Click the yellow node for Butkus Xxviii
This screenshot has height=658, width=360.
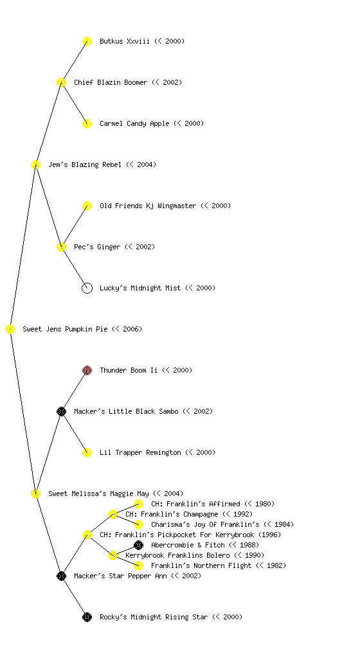point(87,41)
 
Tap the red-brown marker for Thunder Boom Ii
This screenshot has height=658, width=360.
point(87,370)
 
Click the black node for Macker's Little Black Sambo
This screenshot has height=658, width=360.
point(61,411)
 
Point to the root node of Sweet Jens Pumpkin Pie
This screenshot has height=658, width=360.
point(10,329)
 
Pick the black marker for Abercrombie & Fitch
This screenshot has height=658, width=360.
point(138,545)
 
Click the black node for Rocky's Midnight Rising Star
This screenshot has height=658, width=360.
point(87,617)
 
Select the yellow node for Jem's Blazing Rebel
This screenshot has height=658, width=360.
point(35,164)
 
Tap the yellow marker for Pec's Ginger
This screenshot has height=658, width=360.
point(61,247)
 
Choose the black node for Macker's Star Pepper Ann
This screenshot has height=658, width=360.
point(61,576)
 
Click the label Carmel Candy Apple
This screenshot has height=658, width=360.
point(135,123)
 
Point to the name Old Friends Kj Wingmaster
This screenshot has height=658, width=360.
point(148,206)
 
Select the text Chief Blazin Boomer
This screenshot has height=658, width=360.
point(111,82)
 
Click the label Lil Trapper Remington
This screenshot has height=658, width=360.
point(140,452)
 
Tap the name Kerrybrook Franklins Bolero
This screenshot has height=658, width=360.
point(177,555)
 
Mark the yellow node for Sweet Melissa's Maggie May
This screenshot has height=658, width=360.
point(35,493)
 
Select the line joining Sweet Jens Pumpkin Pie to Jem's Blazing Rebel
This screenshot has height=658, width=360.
point(23,247)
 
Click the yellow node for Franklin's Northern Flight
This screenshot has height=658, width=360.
point(138,565)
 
